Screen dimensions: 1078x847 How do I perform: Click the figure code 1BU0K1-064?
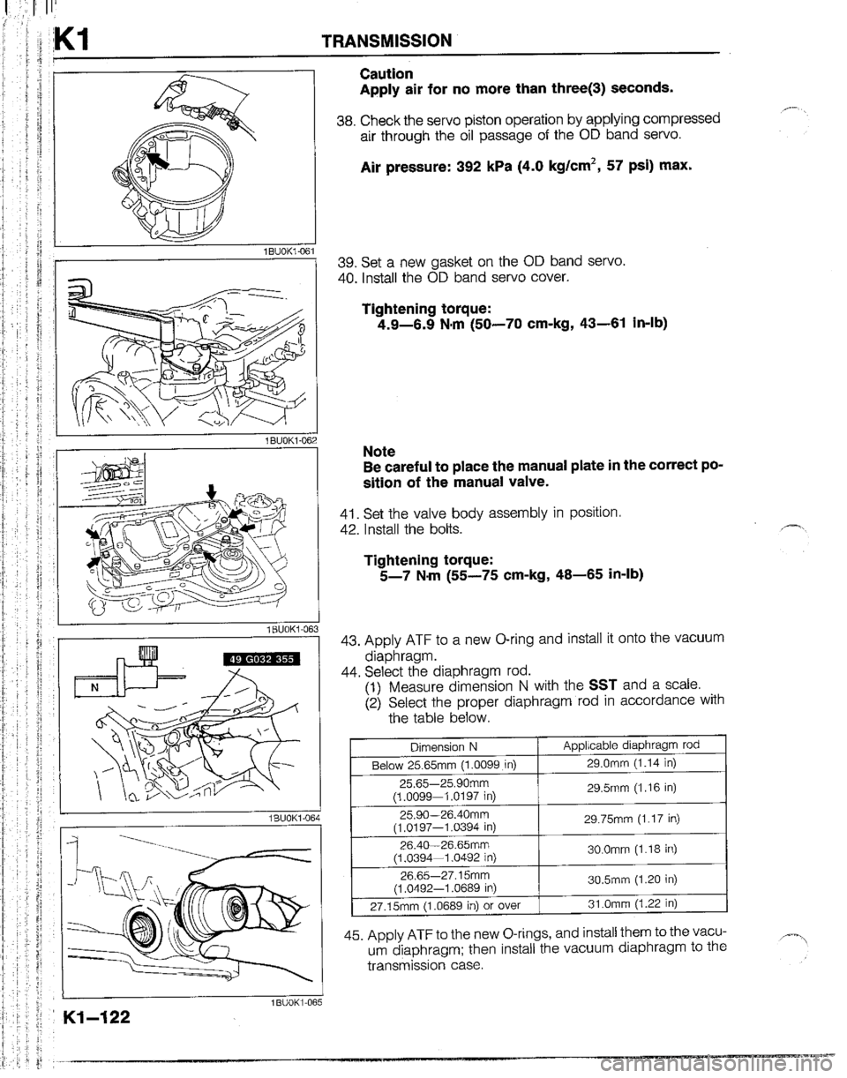[283, 816]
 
